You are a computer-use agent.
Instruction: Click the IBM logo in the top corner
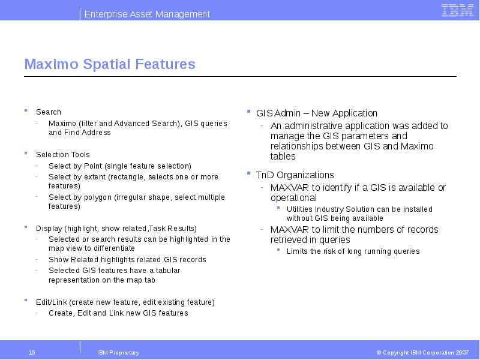click(x=457, y=10)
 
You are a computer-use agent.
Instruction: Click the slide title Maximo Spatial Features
click(x=110, y=64)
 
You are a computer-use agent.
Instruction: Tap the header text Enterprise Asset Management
click(x=147, y=14)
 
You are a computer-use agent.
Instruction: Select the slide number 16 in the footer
click(x=32, y=353)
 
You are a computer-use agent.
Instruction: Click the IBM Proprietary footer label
click(x=118, y=353)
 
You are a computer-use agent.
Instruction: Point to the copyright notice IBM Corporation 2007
click(x=422, y=353)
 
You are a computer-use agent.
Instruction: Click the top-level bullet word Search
click(x=49, y=112)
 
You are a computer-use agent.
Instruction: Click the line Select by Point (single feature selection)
click(x=120, y=166)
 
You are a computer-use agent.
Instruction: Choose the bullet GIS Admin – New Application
click(x=317, y=113)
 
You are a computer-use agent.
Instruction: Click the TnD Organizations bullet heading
click(x=295, y=175)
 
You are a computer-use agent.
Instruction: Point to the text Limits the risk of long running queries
click(x=353, y=251)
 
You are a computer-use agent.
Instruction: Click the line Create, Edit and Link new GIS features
click(x=118, y=313)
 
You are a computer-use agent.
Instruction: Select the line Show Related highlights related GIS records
click(x=127, y=260)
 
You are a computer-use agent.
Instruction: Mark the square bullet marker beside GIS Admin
click(x=249, y=112)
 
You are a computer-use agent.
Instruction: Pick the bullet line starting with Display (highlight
click(x=116, y=229)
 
